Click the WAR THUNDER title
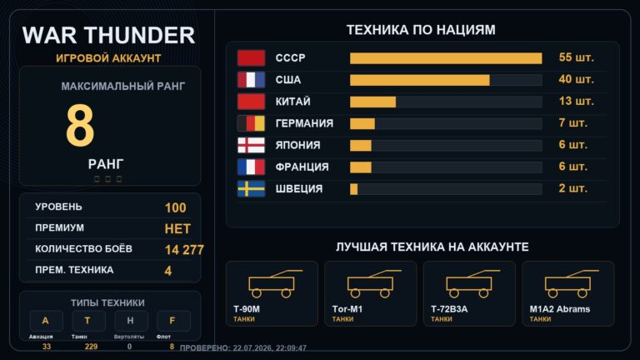108,35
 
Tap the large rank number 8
80,125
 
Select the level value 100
176,207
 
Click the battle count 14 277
184,250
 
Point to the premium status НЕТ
177,228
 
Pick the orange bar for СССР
446,58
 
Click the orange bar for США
420,80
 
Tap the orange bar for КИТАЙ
372,102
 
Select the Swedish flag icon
251,189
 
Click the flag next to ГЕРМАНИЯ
251,123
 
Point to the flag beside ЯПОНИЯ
251,145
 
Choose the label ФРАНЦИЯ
302,167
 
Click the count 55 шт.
577,57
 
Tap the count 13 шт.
577,101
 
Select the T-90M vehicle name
247,309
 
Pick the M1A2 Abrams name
560,309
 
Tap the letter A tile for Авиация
46,321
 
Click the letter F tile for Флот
173,321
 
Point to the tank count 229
91,347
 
